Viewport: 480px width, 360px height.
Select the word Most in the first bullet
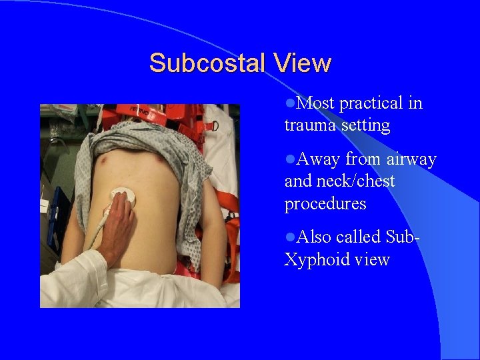[316, 103]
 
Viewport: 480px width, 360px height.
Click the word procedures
[325, 203]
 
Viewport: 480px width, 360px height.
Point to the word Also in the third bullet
[316, 237]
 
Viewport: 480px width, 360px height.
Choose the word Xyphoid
[320, 259]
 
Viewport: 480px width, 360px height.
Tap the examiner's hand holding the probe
[119, 223]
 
